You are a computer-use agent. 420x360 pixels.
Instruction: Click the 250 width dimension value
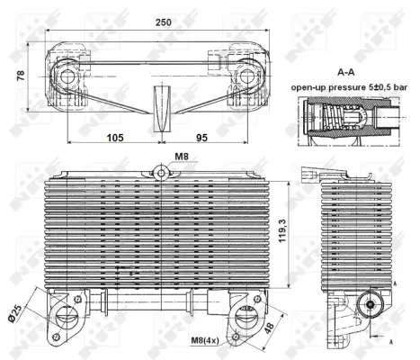(x=164, y=22)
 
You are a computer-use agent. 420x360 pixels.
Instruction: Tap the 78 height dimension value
(x=21, y=76)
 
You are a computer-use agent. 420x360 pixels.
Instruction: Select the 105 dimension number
(x=115, y=138)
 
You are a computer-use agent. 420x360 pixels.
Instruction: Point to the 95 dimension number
(x=201, y=138)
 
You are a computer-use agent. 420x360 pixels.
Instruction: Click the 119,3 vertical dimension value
(x=282, y=230)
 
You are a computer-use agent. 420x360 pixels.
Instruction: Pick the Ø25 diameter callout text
(x=15, y=313)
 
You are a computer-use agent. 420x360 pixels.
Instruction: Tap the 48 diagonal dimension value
(x=269, y=327)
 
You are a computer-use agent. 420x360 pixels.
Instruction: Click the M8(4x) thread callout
(x=205, y=340)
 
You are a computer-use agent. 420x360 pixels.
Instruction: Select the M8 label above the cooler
(x=182, y=157)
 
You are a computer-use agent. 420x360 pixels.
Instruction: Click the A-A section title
(x=346, y=72)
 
